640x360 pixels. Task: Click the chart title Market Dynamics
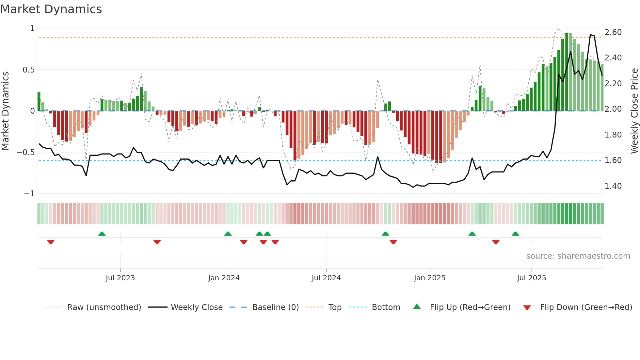(51, 9)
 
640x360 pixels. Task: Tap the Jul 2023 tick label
(120, 278)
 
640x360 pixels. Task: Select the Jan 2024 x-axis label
(224, 278)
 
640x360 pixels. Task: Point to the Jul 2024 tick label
(326, 278)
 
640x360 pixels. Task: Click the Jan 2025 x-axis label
(429, 278)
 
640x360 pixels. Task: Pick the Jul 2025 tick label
(531, 278)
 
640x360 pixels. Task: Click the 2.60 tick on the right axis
(613, 32)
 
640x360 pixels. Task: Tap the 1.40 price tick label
(613, 186)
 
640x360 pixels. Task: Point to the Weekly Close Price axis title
(634, 111)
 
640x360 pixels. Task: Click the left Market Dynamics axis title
(5, 111)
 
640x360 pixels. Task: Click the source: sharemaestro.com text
(578, 256)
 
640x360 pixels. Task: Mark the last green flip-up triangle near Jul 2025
(515, 234)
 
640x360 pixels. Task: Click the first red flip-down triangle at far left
(51, 242)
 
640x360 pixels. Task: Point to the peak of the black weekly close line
(590, 35)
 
